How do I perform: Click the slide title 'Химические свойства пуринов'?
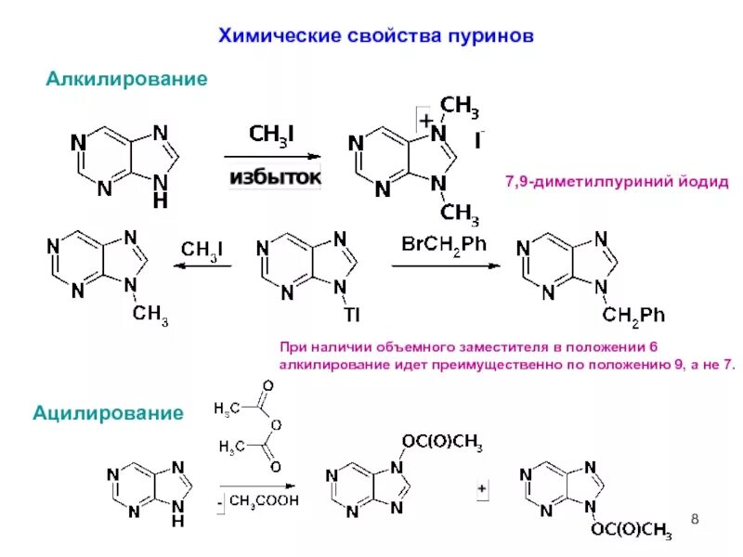coord(375,37)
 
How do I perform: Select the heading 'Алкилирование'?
coord(126,80)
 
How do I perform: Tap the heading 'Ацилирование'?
coord(108,413)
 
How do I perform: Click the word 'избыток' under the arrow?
coord(275,176)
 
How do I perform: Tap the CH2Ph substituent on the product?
coord(633,317)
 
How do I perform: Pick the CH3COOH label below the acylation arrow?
coord(264,500)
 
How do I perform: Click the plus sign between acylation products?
coord(482,488)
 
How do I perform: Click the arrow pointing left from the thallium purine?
coord(203,266)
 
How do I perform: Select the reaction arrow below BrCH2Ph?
coord(446,266)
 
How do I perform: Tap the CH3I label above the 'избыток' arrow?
coord(272,136)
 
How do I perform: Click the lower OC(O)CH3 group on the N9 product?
coord(631,530)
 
